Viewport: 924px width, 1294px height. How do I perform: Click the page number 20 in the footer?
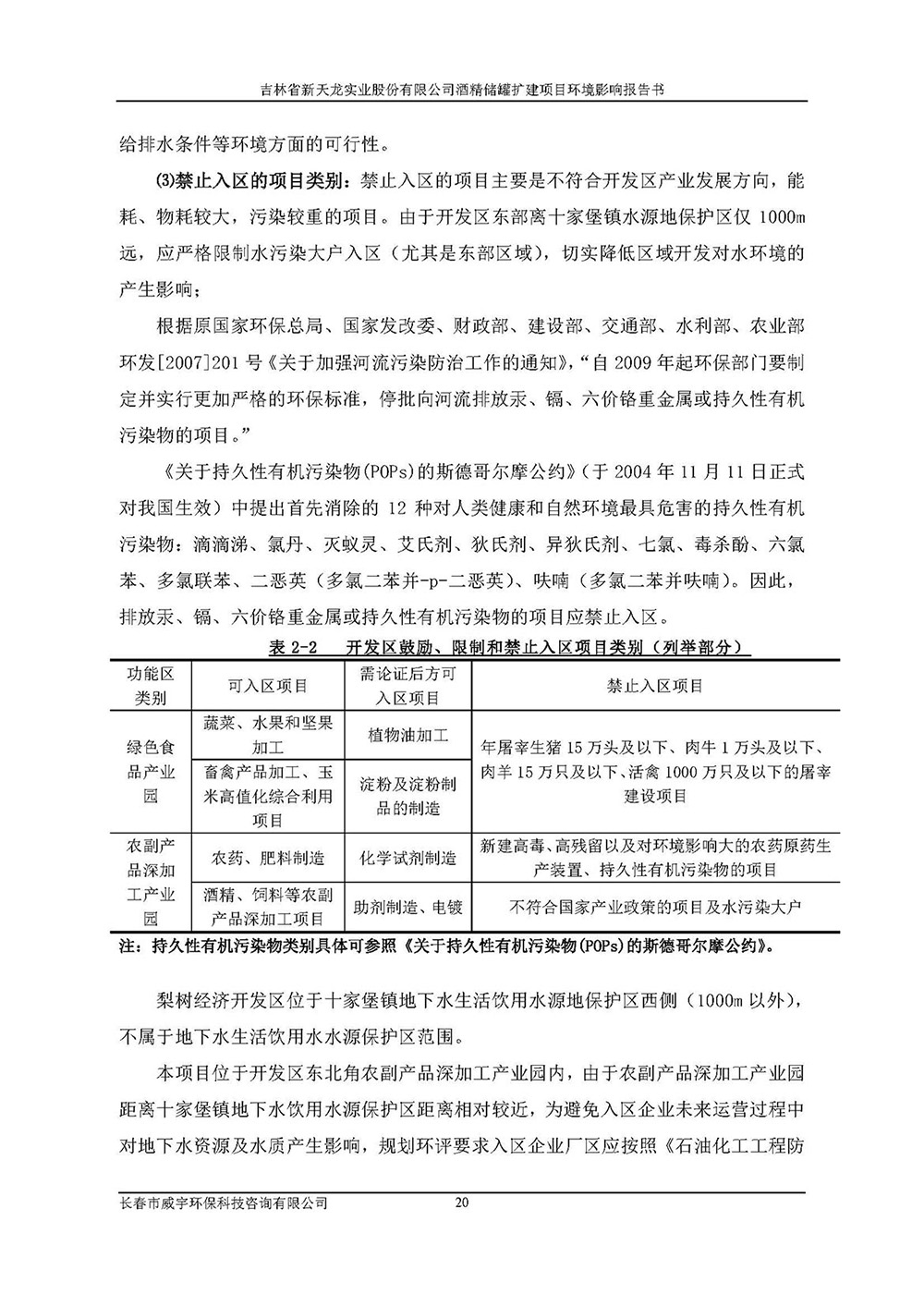[x=463, y=1203]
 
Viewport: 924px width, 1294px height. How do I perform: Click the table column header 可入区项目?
[x=268, y=686]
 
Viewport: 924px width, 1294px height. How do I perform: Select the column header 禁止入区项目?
[x=655, y=686]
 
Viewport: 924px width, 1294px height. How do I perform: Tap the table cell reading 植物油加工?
[x=407, y=736]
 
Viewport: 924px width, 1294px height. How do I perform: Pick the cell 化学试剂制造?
[x=407, y=858]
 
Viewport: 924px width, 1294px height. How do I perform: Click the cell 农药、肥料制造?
[x=268, y=858]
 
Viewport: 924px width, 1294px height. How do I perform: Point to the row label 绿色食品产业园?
[x=150, y=771]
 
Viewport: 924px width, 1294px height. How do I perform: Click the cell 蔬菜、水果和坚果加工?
[x=268, y=736]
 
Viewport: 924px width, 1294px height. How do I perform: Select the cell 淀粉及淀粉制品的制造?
[x=407, y=796]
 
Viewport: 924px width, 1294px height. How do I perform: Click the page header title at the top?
[x=462, y=90]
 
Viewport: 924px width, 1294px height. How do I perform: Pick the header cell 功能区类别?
[x=150, y=686]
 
